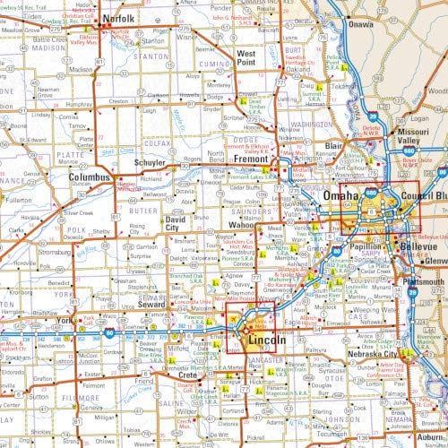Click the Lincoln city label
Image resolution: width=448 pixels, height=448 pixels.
point(266,341)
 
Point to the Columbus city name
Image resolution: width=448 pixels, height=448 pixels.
point(89,177)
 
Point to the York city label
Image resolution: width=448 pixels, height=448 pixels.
point(63,320)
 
